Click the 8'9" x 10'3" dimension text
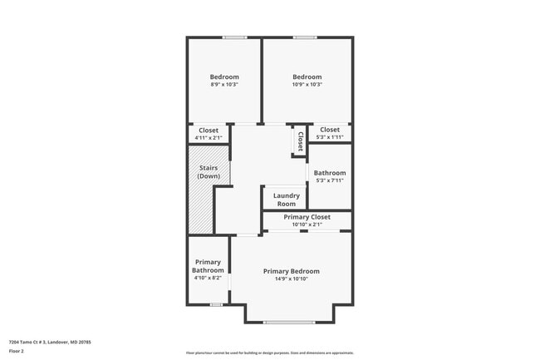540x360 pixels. click(224, 85)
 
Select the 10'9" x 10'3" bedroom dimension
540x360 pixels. click(307, 85)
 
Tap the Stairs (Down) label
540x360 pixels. click(209, 172)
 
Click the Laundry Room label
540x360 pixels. click(286, 200)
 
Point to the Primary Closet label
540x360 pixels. click(307, 217)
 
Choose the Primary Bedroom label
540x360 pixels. click(291, 271)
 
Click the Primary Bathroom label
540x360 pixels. click(208, 266)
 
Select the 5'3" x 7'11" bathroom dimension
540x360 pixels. click(330, 180)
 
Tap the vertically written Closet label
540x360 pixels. click(300, 141)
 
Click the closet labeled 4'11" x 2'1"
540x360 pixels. click(209, 134)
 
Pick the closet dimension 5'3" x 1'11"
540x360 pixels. click(330, 134)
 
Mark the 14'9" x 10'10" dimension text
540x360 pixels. click(291, 279)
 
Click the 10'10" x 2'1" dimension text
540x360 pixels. click(307, 224)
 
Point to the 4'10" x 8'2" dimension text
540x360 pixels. click(208, 278)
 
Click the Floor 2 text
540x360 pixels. click(17, 352)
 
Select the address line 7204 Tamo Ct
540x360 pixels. click(49, 342)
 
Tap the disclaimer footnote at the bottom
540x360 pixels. click(269, 353)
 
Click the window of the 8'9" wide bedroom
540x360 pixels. click(234, 37)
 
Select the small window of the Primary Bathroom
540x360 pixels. click(215, 304)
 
